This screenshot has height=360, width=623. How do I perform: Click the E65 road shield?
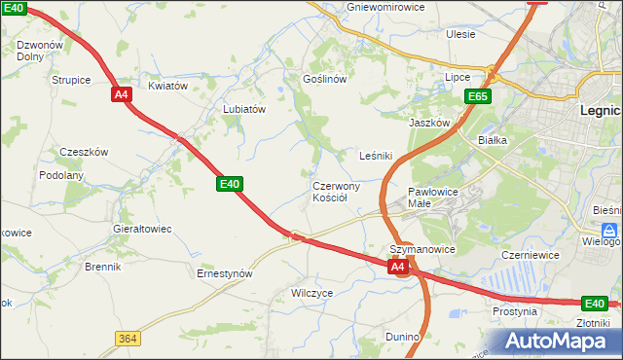pos(477,96)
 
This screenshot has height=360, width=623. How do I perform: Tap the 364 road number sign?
pos(126,338)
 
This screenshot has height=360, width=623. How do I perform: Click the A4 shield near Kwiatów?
pos(121,94)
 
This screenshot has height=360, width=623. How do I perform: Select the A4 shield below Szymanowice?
pos(397,266)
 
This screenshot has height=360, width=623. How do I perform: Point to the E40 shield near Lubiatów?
pos(230,183)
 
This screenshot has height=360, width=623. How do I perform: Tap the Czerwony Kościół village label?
pos(337,191)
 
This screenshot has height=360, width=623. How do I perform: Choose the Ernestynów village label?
pos(225,273)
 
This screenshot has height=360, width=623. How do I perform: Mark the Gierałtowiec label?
pos(142,229)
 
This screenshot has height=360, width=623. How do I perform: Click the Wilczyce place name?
pos(312,292)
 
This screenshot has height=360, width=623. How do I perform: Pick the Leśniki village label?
pos(376,156)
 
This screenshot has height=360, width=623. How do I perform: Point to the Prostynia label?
pos(515,312)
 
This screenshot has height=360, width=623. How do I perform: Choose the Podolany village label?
pos(61,175)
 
